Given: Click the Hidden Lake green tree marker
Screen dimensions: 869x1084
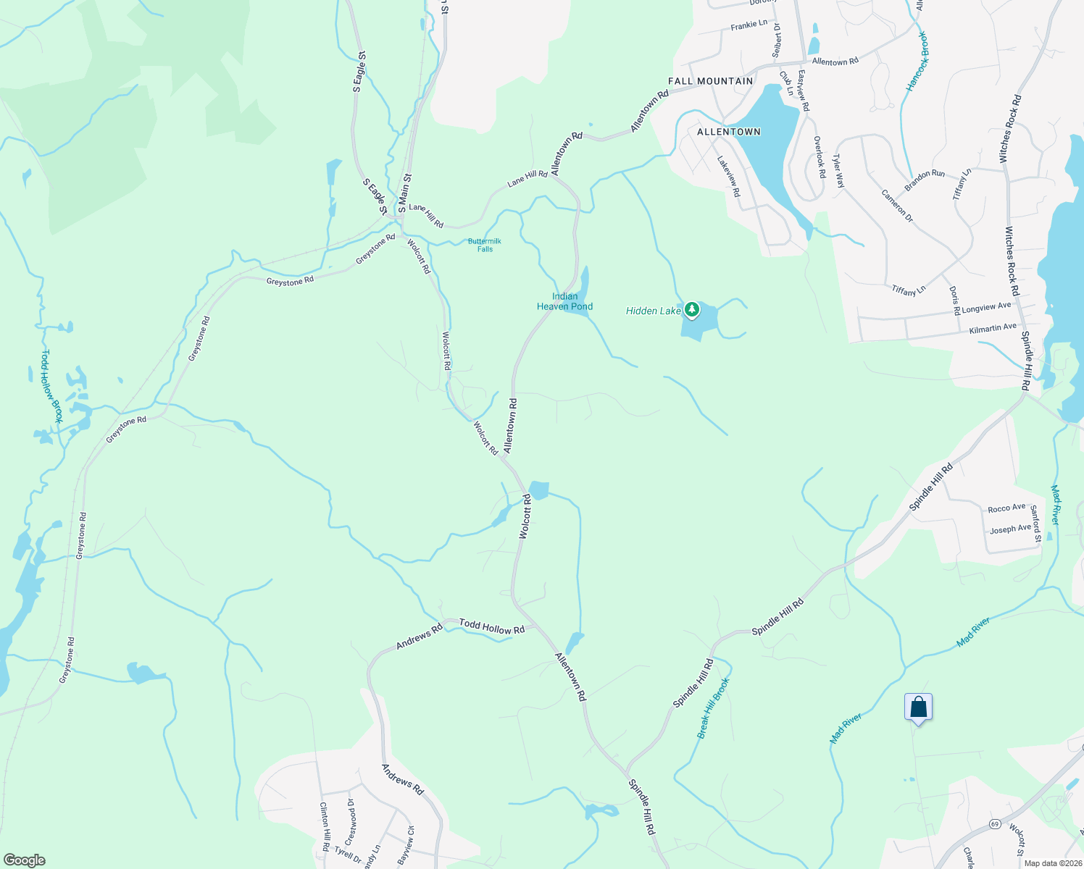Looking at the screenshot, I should [x=692, y=310].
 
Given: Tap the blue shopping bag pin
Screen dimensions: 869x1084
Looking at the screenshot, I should [x=918, y=708].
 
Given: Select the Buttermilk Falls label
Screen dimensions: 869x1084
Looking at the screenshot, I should [x=485, y=245].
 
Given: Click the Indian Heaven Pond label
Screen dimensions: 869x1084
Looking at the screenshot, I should [x=564, y=301].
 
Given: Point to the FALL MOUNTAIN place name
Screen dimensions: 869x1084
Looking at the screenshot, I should [x=710, y=81].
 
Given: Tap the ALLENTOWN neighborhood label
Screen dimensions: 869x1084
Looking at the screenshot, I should [x=728, y=132].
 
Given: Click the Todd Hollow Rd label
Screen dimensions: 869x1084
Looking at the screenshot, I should [x=492, y=627].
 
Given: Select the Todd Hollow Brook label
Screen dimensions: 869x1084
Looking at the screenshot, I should [x=51, y=387].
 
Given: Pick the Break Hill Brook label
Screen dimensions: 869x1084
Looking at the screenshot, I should [x=714, y=708].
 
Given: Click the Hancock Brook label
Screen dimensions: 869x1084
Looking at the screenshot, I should [x=917, y=62].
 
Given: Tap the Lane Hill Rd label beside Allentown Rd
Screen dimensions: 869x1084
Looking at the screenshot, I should [x=528, y=178].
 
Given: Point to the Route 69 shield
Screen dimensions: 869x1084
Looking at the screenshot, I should [x=995, y=824].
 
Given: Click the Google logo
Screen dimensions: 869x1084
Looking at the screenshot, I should [x=25, y=860].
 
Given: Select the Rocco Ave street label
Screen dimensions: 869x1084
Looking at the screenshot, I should [x=1006, y=508].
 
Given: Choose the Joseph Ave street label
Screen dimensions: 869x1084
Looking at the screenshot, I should [x=1010, y=529].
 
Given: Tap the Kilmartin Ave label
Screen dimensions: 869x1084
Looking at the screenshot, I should [x=993, y=328].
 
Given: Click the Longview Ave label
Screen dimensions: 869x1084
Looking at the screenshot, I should [x=986, y=308].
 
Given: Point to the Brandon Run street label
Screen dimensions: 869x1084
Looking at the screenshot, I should [x=925, y=178].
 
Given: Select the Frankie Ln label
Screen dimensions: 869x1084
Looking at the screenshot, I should [x=749, y=25].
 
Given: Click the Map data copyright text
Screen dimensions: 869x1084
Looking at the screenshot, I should [x=1053, y=863].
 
